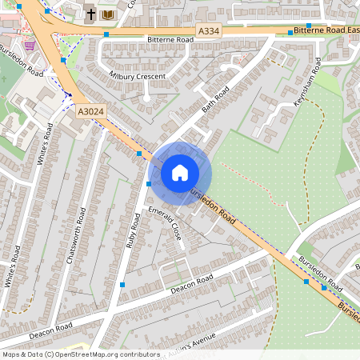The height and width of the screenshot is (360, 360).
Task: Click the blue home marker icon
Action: (x=180, y=173)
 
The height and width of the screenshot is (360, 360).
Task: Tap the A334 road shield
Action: (x=209, y=30)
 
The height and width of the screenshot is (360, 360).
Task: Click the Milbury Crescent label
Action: (x=137, y=76)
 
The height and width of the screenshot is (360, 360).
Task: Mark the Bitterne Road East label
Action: (x=326, y=30)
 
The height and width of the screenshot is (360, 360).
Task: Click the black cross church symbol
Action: (x=90, y=14)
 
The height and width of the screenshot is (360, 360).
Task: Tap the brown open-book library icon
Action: (x=108, y=14)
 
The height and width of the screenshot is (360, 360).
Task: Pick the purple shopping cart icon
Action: (x=30, y=45)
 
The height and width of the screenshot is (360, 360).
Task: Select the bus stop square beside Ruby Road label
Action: (x=122, y=284)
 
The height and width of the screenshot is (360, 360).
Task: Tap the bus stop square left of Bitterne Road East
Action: (x=290, y=32)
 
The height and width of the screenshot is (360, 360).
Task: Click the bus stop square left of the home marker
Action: (x=150, y=184)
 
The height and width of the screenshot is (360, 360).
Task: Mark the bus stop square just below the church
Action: (x=106, y=34)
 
